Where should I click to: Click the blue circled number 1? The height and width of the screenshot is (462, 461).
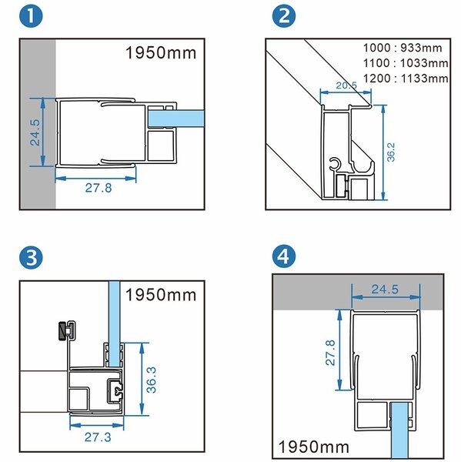[x=31, y=16]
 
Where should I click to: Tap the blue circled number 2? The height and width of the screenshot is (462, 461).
[x=284, y=16]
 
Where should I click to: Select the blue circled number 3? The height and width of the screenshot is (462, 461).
[x=31, y=257]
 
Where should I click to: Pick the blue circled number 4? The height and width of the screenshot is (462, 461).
[x=284, y=256]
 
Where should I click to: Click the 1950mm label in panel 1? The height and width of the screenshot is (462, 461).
[x=161, y=53]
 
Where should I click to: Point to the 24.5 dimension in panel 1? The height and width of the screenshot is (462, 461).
[x=35, y=132]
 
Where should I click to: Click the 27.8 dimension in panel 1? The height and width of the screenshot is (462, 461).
[x=99, y=188]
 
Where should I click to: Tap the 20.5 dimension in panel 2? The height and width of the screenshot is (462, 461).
[x=346, y=85]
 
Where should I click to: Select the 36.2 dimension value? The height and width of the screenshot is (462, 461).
[x=391, y=152]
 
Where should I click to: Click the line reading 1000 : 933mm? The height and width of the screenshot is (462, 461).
[x=403, y=48]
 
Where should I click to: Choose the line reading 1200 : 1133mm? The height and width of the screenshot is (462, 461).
[x=406, y=79]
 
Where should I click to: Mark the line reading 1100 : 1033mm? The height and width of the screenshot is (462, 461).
[x=406, y=63]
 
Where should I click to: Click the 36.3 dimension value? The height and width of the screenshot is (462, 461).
[x=152, y=380]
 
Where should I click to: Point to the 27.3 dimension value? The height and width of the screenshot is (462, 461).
[x=98, y=437]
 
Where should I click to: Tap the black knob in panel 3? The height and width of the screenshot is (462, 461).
[x=62, y=331]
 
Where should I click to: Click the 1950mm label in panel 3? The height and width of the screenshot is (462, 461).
[x=161, y=295]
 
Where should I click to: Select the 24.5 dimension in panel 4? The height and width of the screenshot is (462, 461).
[x=385, y=290]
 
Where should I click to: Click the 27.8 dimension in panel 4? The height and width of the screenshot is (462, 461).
[x=330, y=353]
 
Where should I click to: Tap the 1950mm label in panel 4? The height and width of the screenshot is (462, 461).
[x=314, y=447]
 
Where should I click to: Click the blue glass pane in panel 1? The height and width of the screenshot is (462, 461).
[x=176, y=119]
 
